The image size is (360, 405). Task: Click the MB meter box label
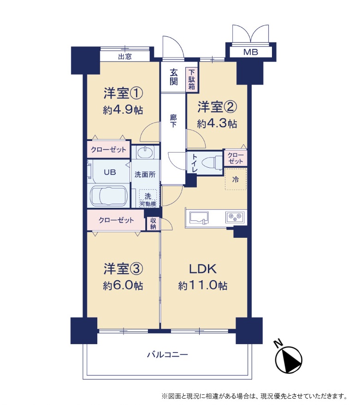[x=251, y=52]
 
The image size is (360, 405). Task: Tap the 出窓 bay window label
[x=125, y=56]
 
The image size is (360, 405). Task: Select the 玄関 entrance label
[x=173, y=77]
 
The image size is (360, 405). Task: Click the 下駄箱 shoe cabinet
[x=191, y=79]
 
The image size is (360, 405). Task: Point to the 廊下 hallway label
[x=173, y=121]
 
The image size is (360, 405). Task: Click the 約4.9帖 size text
[x=123, y=110]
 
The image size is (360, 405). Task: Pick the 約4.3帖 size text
[x=217, y=124]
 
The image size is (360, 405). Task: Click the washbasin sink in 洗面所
[x=145, y=153]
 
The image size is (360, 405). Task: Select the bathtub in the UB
[x=108, y=195]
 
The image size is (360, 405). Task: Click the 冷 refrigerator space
[x=236, y=179]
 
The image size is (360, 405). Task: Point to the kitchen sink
[x=199, y=217]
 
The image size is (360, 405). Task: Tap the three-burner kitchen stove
[x=235, y=217]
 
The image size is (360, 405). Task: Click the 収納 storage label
[x=153, y=223]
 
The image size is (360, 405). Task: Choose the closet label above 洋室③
[x=116, y=220]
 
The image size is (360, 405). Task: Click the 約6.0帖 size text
[x=123, y=286]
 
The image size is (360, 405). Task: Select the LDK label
[x=203, y=269]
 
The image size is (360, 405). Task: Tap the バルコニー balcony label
[x=167, y=354]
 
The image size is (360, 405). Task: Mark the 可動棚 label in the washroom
[x=148, y=204]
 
